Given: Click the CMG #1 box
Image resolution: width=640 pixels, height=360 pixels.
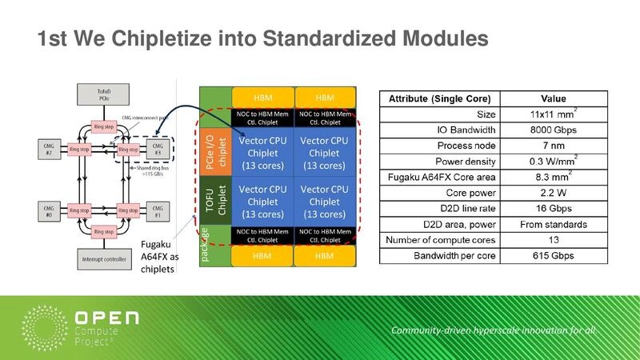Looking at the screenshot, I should pos(158,211).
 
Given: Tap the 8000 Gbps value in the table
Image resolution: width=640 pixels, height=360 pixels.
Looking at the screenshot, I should pos(548,130).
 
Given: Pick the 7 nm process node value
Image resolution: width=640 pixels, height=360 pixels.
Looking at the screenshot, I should pos(548,146).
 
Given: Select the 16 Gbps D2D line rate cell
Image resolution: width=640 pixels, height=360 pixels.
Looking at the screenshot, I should pos(548,209).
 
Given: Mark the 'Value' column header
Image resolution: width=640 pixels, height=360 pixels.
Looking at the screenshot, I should pos(548,98).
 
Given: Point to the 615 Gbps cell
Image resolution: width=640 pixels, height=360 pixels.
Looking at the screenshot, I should pos(548,256).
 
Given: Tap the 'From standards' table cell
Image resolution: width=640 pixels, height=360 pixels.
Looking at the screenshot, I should pos(548,225).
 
